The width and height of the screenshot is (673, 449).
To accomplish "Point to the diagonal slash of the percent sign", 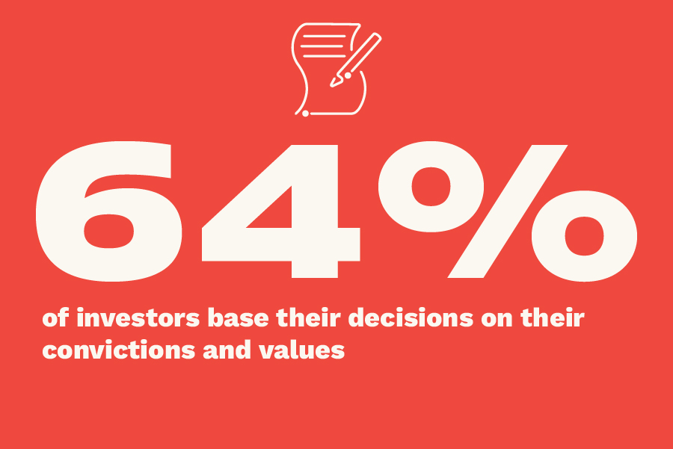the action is tap(508, 211).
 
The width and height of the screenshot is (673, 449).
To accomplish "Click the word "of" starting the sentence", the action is tap(55, 318).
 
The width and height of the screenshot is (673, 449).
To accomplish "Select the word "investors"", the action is tap(138, 318).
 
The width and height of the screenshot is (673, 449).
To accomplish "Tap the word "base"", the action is tap(239, 318).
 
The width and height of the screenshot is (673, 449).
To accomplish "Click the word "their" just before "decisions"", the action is tap(309, 318).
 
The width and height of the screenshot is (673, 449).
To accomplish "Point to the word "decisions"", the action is tap(411, 318).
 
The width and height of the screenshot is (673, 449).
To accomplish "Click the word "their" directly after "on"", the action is tap(553, 318).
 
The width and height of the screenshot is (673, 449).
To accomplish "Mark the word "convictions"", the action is tap(119, 350).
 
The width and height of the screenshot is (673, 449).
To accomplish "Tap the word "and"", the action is tap(227, 350).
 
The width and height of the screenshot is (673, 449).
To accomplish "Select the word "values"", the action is tap(302, 350).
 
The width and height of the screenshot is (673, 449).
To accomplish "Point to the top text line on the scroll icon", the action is tap(324, 36).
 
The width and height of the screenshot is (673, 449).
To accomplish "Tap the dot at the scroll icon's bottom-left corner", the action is tap(305, 114).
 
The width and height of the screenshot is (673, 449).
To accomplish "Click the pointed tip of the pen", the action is tap(332, 85).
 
